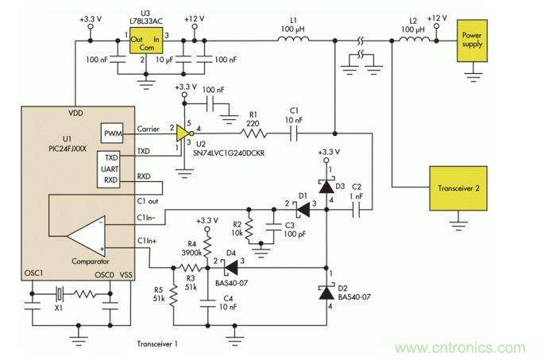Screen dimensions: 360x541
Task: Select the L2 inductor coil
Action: coord(412,37)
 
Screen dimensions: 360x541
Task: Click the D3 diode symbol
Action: coord(327,185)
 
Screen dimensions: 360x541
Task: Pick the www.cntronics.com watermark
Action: coord(460,346)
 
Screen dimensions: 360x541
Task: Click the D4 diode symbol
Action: coord(231,268)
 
